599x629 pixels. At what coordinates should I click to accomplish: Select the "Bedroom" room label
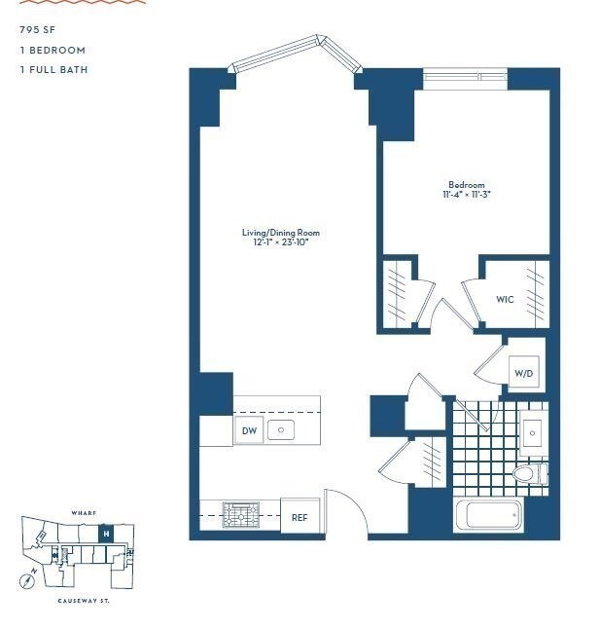coord(466,185)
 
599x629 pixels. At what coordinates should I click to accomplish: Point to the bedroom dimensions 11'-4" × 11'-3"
coord(466,195)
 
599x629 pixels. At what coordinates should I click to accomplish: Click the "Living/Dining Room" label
coord(281,233)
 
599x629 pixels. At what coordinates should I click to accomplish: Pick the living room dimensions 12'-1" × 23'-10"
coord(281,242)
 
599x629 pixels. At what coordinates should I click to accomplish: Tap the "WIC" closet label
coord(505,299)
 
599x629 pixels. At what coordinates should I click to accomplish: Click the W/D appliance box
coord(523,373)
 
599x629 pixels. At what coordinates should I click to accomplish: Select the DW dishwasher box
coord(249,430)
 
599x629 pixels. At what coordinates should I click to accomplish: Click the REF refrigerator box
coord(299,518)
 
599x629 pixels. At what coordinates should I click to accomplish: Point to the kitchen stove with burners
coord(239,515)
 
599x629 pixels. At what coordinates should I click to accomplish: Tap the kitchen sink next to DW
coord(281,429)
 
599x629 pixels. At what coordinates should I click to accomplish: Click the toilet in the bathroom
coord(526,474)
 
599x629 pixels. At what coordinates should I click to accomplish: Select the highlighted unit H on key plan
coord(106,534)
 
